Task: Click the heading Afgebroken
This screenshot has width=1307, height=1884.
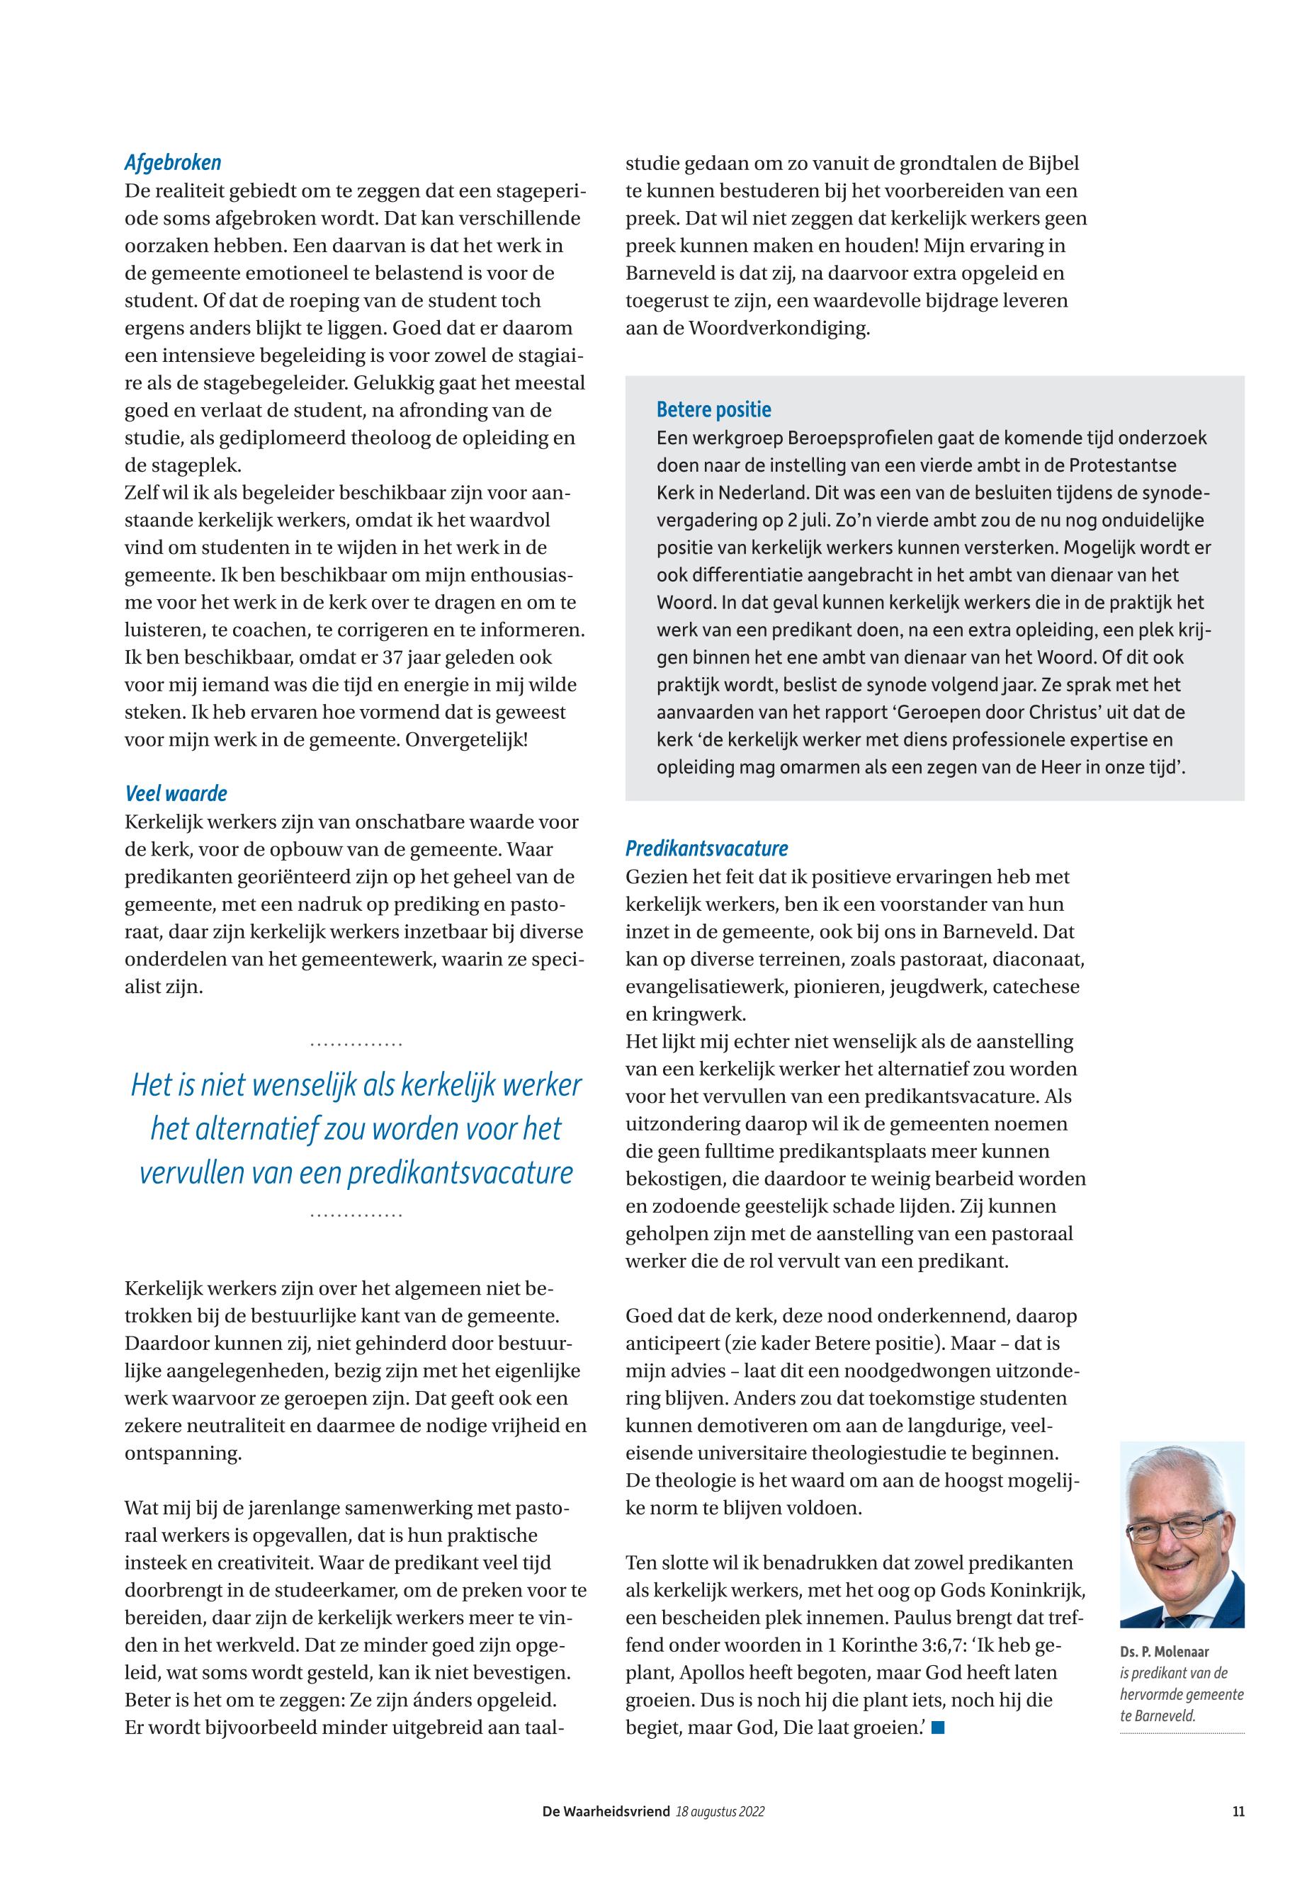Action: tap(173, 163)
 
